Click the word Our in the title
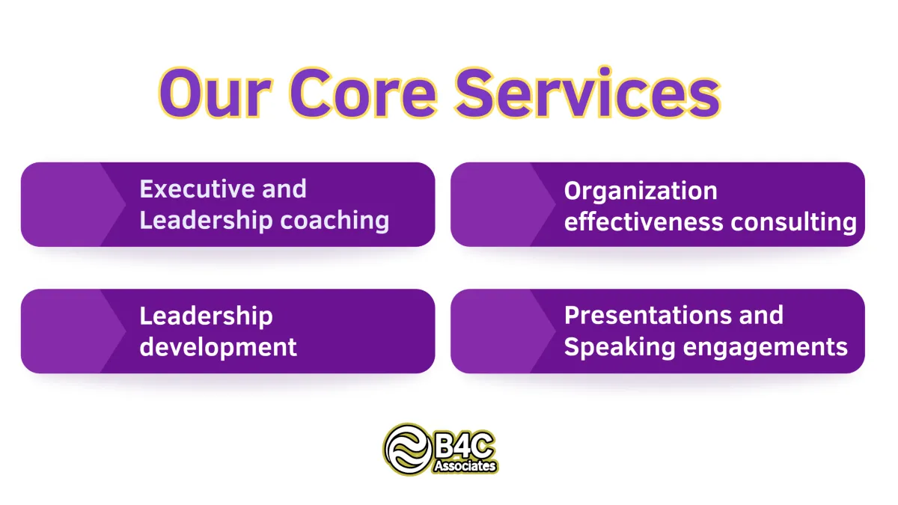pyautogui.click(x=216, y=93)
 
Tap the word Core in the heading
pyautogui.click(x=363, y=93)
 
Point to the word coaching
pyautogui.click(x=335, y=221)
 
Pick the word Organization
pyautogui.click(x=641, y=191)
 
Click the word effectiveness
pyautogui.click(x=644, y=221)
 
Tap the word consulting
pyautogui.click(x=794, y=222)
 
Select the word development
pyautogui.click(x=218, y=347)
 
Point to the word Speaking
pyautogui.click(x=620, y=347)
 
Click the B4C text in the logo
pyautogui.click(x=464, y=445)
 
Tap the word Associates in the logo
pyautogui.click(x=465, y=466)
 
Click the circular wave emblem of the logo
pyautogui.click(x=408, y=450)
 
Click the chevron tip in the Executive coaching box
pyautogui.click(x=126, y=204)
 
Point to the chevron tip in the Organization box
pyautogui.click(x=555, y=204)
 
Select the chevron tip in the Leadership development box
pyautogui.click(x=126, y=331)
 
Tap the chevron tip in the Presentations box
pyautogui.click(x=555, y=331)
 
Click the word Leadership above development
pyautogui.click(x=206, y=316)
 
